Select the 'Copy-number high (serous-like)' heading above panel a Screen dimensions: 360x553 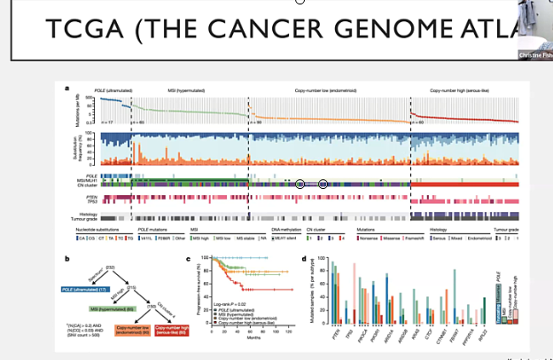459,90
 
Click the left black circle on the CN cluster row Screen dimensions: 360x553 300,184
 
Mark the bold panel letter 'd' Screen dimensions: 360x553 304,258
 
